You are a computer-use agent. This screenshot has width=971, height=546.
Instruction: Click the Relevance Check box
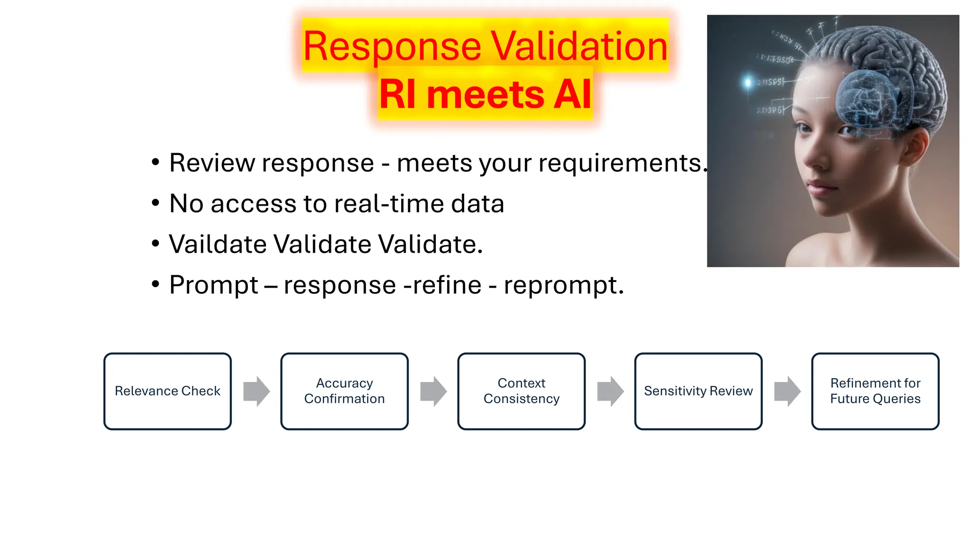pyautogui.click(x=167, y=391)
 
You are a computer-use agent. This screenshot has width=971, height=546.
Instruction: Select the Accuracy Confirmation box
pyautogui.click(x=344, y=391)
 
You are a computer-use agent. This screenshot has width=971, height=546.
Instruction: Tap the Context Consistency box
pyautogui.click(x=521, y=391)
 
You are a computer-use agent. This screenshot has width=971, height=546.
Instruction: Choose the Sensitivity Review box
pyautogui.click(x=698, y=391)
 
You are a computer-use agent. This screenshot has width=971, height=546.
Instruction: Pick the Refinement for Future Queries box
pyautogui.click(x=875, y=391)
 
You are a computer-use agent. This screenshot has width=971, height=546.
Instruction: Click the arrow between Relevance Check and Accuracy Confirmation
pyautogui.click(x=256, y=391)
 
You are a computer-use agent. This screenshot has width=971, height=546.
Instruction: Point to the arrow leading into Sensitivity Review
pyautogui.click(x=610, y=391)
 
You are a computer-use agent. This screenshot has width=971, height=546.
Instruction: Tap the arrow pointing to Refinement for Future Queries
pyautogui.click(x=787, y=391)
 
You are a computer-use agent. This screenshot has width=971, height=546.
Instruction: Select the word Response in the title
pyautogui.click(x=392, y=46)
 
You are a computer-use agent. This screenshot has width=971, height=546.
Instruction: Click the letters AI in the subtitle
pyautogui.click(x=573, y=94)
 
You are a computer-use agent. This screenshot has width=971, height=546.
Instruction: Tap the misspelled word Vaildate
pyautogui.click(x=218, y=245)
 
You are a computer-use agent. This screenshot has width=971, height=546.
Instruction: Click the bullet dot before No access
pyautogui.click(x=155, y=203)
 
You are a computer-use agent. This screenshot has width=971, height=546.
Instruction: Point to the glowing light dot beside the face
pyautogui.click(x=748, y=82)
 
